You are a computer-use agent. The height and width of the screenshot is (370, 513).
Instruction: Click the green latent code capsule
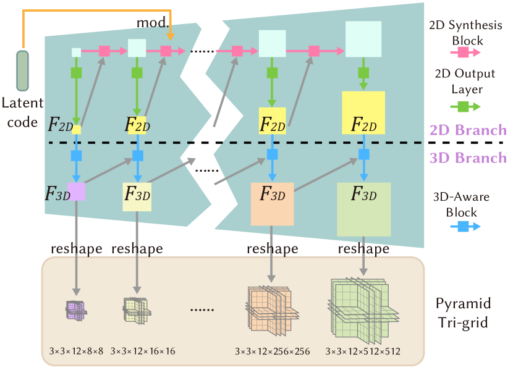pos(23,70)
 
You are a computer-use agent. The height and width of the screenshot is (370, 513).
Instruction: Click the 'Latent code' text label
pos(23,112)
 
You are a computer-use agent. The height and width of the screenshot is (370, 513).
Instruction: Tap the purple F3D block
pos(76,191)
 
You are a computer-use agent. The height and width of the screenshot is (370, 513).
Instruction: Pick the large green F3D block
pos(363,209)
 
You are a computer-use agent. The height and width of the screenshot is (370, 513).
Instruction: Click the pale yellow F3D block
pos(137,196)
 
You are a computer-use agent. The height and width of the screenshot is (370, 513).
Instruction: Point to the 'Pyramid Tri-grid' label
pos(464,313)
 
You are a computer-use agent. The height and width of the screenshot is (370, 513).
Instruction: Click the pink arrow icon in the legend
pos(465,54)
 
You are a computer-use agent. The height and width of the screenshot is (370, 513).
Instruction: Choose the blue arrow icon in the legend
pos(465,227)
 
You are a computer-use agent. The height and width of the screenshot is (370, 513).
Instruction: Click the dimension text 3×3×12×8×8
pos(77,351)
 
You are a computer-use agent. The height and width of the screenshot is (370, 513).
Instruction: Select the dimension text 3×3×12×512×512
pos(363,351)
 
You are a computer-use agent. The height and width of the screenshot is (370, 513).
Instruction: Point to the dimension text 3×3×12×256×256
pos(272,351)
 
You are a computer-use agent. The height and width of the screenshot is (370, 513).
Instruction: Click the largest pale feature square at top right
pos(363,39)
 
